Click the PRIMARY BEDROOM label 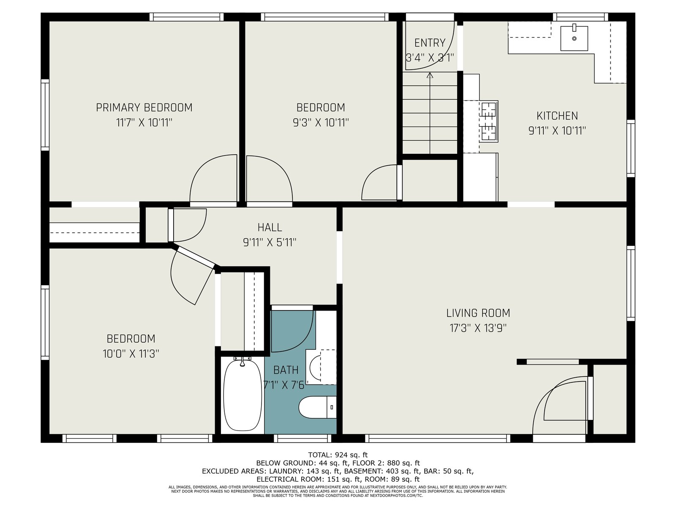pos(144,107)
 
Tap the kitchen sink pos(574,38)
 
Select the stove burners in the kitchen pos(489,121)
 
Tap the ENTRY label pos(430,43)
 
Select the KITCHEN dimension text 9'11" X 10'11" pos(557,131)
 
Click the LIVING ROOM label pos(478,313)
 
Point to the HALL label pos(270,227)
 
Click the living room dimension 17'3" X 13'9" pos(478,328)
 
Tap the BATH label pos(286,370)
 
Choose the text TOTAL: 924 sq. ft pos(338,455)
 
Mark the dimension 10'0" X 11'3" pos(131,354)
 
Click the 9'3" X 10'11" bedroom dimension pos(321,123)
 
